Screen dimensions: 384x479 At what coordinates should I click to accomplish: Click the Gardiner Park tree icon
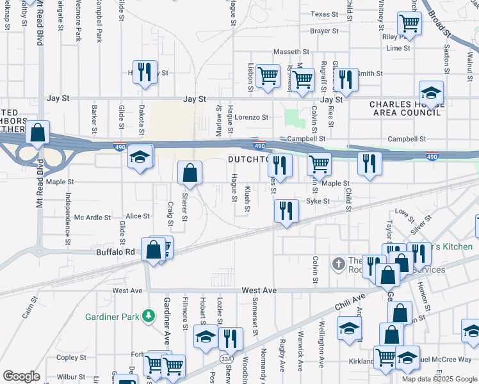click(x=149, y=316)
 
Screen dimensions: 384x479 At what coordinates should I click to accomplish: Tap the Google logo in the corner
click(x=21, y=376)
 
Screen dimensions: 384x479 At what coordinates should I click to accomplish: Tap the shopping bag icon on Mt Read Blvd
click(x=38, y=134)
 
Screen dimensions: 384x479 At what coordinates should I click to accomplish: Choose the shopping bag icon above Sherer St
click(x=190, y=172)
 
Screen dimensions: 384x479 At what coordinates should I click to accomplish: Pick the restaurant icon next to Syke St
click(x=286, y=211)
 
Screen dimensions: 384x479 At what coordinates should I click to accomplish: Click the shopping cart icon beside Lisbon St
click(x=268, y=76)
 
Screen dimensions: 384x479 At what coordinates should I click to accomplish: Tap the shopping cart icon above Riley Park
click(x=409, y=24)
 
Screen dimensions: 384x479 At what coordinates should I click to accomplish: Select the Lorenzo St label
click(x=250, y=118)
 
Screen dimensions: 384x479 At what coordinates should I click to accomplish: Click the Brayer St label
click(x=324, y=31)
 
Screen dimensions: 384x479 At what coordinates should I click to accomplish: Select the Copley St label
click(x=71, y=358)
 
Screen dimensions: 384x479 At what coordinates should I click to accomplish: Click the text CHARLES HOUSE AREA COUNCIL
click(x=405, y=108)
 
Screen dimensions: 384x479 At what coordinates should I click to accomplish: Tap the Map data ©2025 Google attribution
click(x=439, y=378)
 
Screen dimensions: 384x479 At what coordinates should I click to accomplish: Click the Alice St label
click(x=138, y=216)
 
